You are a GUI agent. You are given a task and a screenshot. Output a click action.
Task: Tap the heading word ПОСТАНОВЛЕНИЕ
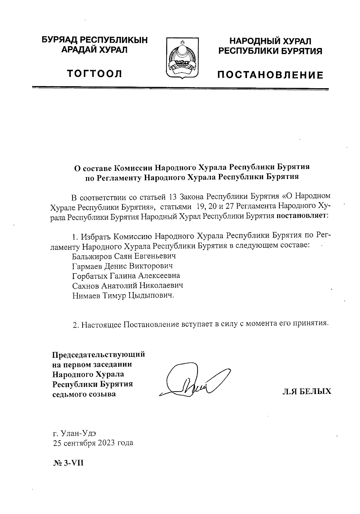tap(271, 75)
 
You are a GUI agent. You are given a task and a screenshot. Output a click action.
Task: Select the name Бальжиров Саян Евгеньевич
tap(124, 256)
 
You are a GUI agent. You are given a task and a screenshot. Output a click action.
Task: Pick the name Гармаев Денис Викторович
tap(123, 266)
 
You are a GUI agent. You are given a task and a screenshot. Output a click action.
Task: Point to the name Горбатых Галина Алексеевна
tap(126, 276)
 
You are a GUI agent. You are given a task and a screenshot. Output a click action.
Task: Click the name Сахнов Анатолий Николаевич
tap(127, 285)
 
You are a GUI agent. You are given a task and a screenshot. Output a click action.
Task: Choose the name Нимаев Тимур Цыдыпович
tap(123, 295)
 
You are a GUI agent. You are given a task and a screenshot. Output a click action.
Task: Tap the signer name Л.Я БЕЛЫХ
tap(307, 391)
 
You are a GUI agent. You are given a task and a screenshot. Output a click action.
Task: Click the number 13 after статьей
tap(172, 197)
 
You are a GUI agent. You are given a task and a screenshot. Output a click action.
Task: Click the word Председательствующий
tap(99, 354)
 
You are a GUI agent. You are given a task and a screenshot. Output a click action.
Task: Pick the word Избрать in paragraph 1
tap(96, 237)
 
